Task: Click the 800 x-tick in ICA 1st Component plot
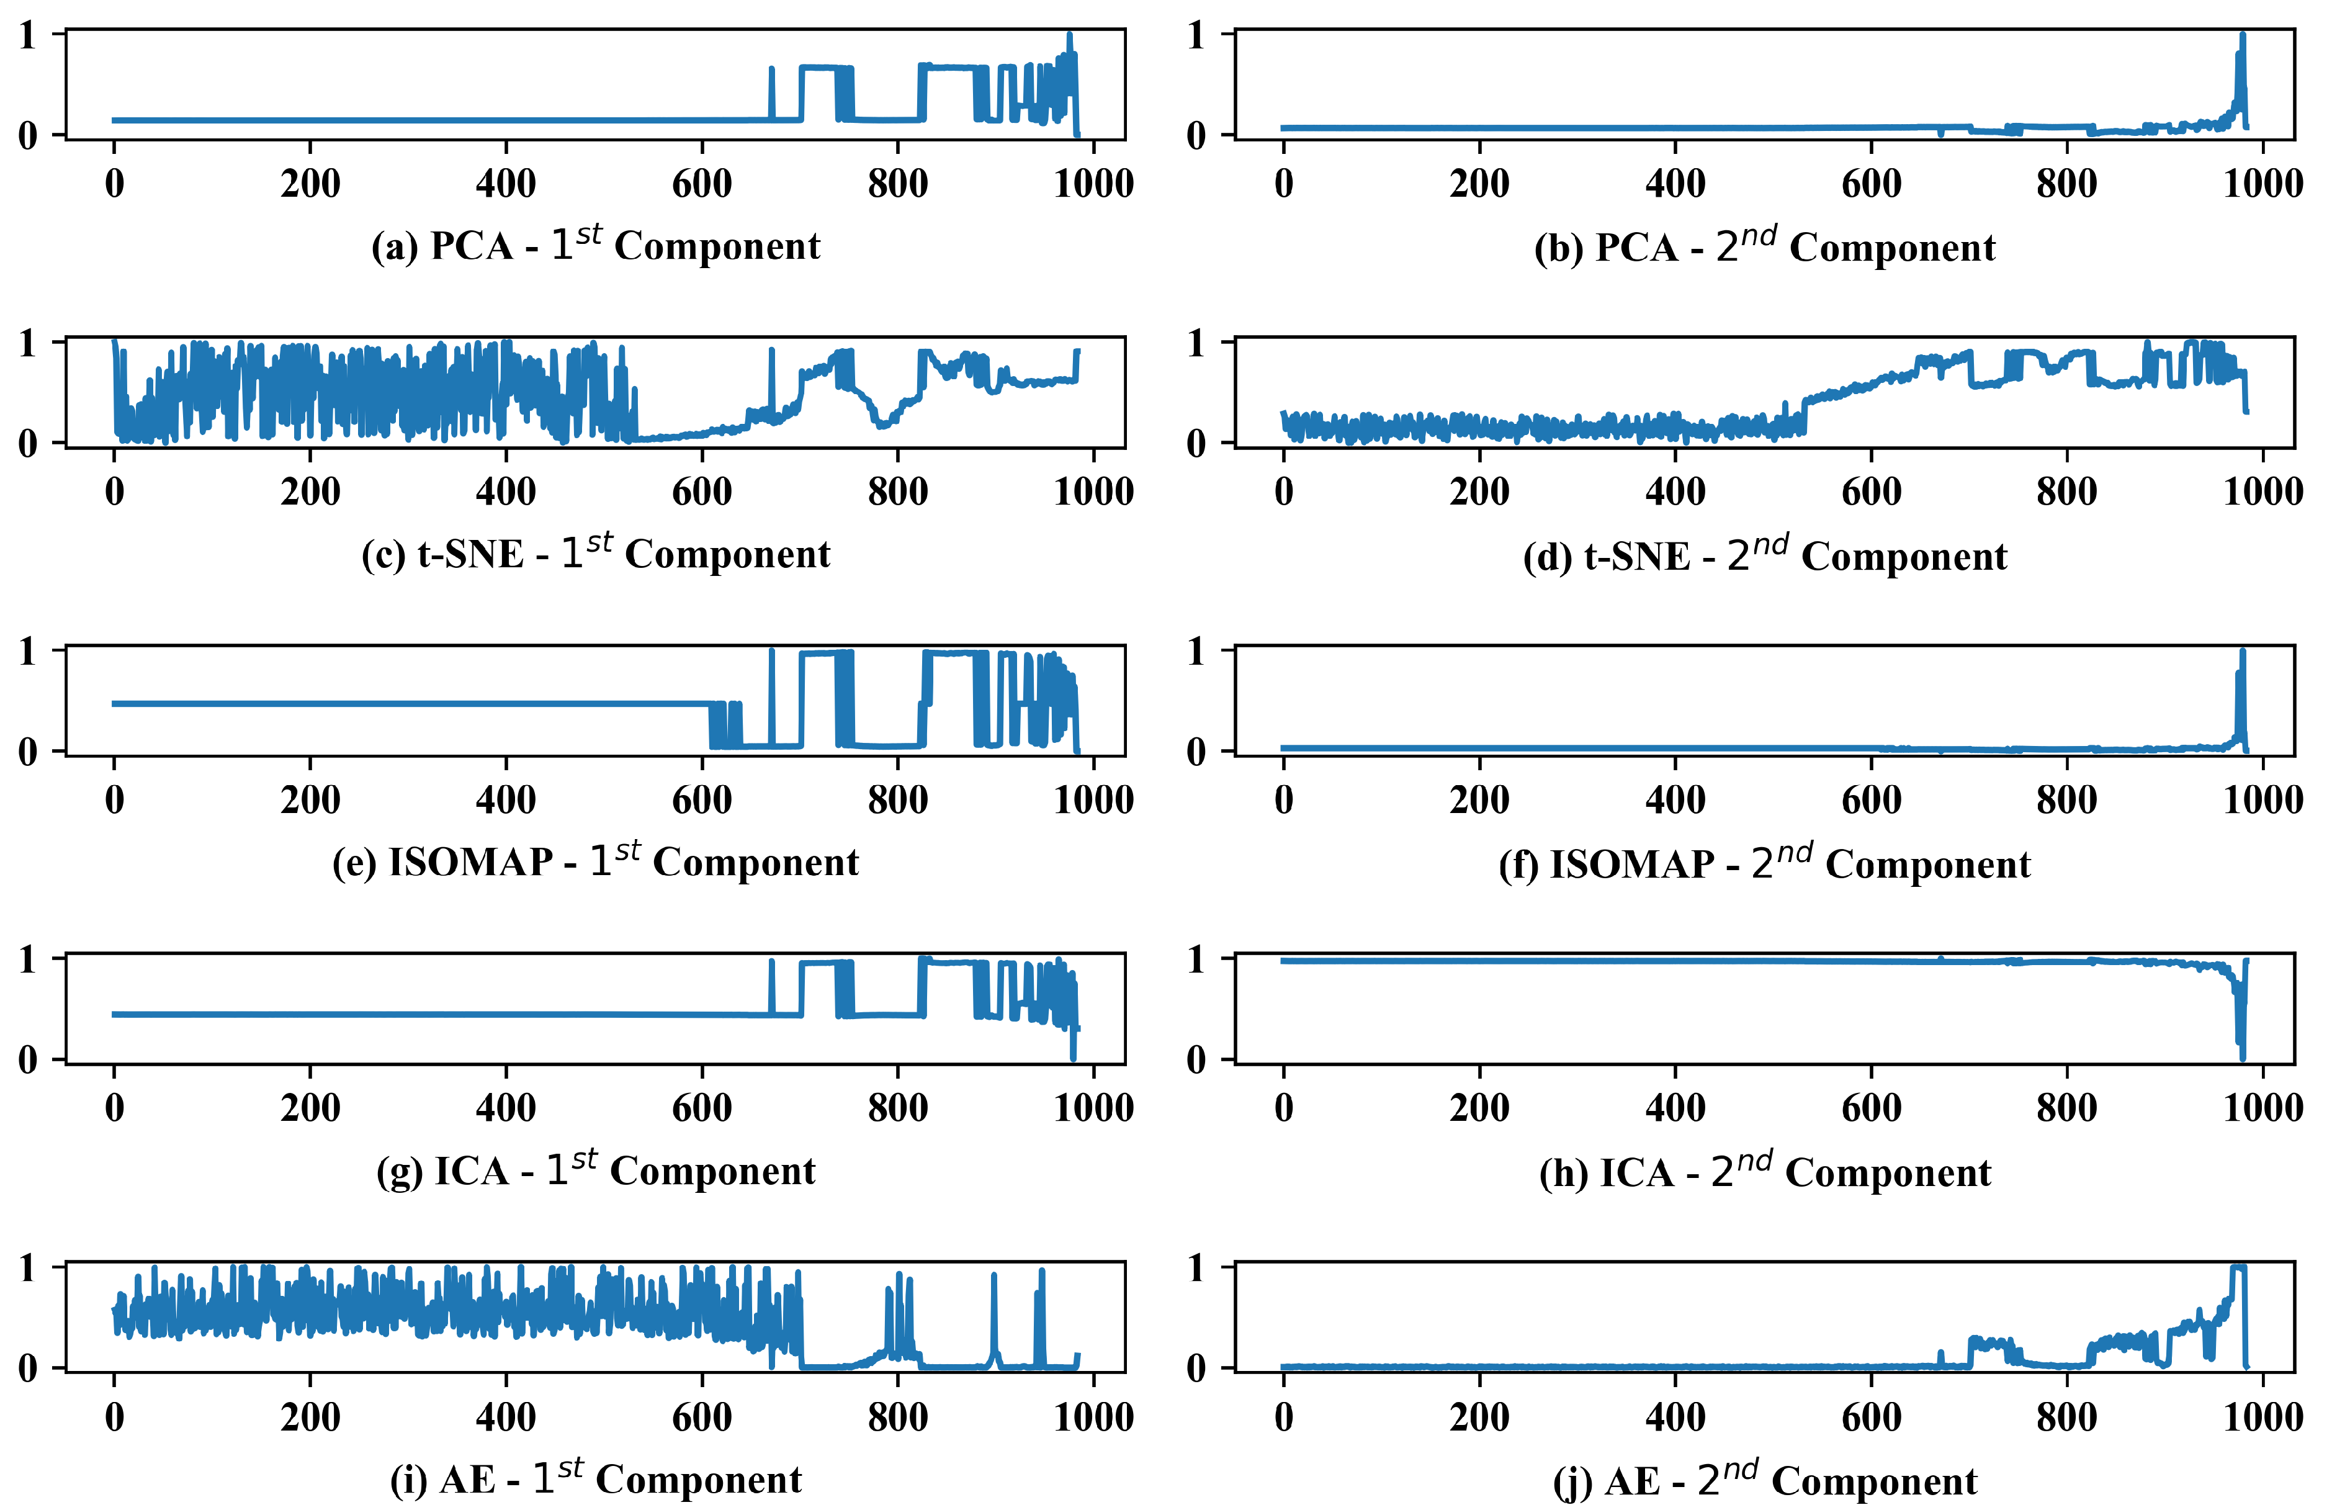point(897,1108)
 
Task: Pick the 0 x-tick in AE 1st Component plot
point(115,1417)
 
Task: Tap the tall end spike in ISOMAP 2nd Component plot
point(2242,655)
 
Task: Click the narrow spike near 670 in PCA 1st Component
point(771,71)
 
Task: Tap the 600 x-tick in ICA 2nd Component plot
point(1870,1108)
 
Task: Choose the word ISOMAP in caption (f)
point(1631,865)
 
